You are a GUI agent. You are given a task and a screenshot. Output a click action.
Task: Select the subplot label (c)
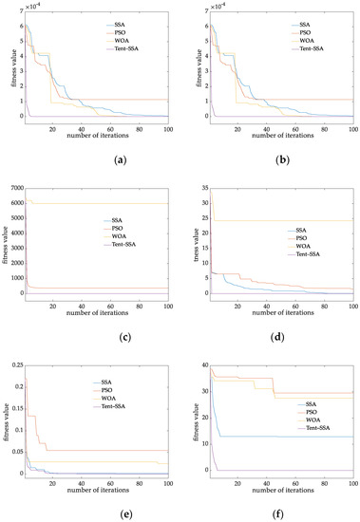(x=95, y=335)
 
